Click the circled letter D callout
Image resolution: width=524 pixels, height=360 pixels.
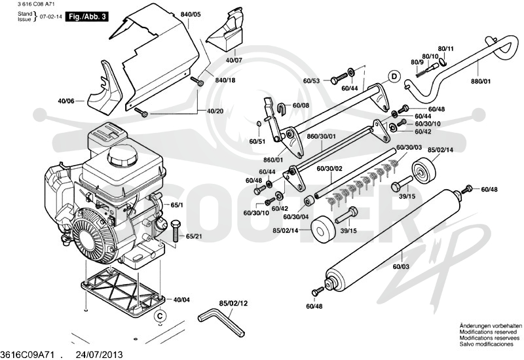coord(394,77)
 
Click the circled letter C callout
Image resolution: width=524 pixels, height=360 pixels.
coord(160,315)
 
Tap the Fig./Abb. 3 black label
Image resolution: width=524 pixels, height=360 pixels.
coord(87,16)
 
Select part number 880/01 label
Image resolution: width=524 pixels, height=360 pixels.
coord(481,81)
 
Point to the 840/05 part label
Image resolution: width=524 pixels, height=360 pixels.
coord(191,14)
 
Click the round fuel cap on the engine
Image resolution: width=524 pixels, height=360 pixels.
coord(122,156)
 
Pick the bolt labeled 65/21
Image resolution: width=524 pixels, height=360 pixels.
coord(176,231)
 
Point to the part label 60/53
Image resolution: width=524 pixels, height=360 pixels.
coord(312,81)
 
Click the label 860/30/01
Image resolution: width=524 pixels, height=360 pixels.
coord(321,136)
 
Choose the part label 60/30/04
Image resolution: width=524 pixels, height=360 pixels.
coord(296,217)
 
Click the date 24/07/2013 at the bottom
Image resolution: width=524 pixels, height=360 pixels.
coord(100,355)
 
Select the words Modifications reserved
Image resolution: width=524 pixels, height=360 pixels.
coord(488,332)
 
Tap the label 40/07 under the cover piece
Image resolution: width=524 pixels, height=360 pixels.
coord(234,60)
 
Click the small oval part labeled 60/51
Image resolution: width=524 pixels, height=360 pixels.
coord(258,124)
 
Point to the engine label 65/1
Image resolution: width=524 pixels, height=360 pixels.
coord(177,206)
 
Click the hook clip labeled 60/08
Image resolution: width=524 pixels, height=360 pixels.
coord(282,108)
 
